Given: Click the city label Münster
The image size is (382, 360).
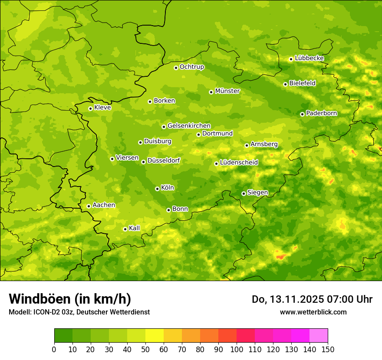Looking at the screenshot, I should click(x=227, y=91).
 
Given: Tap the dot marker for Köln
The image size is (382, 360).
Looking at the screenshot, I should click(x=157, y=189).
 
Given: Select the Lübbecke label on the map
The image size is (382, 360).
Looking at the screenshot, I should click(x=309, y=58).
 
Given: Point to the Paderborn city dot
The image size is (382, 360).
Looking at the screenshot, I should click(x=302, y=114).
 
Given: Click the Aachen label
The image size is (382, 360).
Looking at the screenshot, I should click(x=104, y=205).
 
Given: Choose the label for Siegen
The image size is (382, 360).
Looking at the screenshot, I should click(x=257, y=193).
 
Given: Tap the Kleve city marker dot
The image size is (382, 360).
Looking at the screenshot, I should click(x=90, y=108).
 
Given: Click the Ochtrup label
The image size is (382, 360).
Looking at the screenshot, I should click(x=191, y=67).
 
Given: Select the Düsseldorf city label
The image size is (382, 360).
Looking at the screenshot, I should click(x=164, y=160).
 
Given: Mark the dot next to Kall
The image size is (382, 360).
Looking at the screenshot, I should click(x=125, y=229).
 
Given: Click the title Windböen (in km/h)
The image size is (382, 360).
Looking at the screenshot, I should click(x=70, y=299).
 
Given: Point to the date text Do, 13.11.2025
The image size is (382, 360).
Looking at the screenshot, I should click(x=287, y=299).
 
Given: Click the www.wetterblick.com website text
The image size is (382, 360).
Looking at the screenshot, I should click(x=313, y=312).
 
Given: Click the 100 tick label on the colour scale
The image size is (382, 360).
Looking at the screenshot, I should click(x=237, y=350).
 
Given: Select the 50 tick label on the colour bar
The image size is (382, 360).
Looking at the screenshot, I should click(x=145, y=350).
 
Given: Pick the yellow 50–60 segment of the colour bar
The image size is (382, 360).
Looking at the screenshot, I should click(x=155, y=336).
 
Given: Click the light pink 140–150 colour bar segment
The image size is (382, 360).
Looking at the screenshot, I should click(x=319, y=336).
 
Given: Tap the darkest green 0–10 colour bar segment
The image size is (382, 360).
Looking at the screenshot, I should click(x=63, y=336).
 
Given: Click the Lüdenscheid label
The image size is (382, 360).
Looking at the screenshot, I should click(x=239, y=163).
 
